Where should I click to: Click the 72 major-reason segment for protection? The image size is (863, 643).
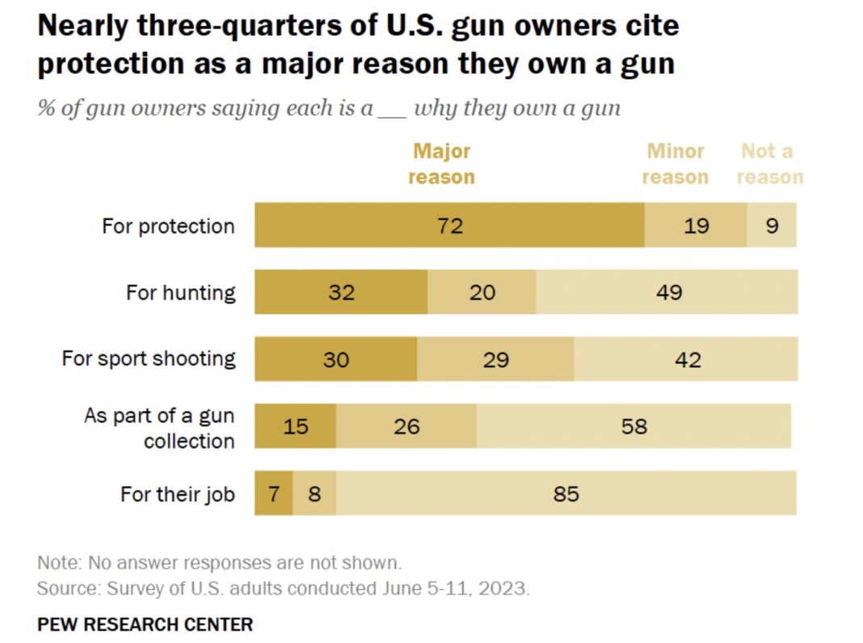(x=449, y=225)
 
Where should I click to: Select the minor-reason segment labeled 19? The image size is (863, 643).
(x=696, y=225)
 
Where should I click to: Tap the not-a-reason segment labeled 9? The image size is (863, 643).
(x=772, y=225)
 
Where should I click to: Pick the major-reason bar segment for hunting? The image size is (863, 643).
(x=341, y=292)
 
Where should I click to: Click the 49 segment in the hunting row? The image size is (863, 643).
(x=667, y=292)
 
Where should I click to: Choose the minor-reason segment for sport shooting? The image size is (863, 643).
(x=495, y=359)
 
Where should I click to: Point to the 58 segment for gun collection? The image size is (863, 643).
(x=634, y=425)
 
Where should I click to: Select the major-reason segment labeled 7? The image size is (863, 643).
(x=274, y=493)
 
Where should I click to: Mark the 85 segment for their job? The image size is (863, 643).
(x=566, y=493)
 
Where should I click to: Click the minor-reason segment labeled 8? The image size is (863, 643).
(x=314, y=493)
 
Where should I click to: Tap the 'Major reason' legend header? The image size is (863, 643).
(x=441, y=164)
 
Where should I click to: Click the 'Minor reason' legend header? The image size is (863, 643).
(x=675, y=164)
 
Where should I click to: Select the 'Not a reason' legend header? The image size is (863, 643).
(x=769, y=164)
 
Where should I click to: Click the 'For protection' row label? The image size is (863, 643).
(x=168, y=226)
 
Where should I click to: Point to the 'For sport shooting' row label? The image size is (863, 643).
(x=149, y=358)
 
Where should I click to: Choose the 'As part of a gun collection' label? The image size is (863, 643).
(x=160, y=428)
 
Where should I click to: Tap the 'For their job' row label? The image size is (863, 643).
(x=177, y=493)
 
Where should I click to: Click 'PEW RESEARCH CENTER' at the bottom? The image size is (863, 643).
(x=145, y=624)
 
